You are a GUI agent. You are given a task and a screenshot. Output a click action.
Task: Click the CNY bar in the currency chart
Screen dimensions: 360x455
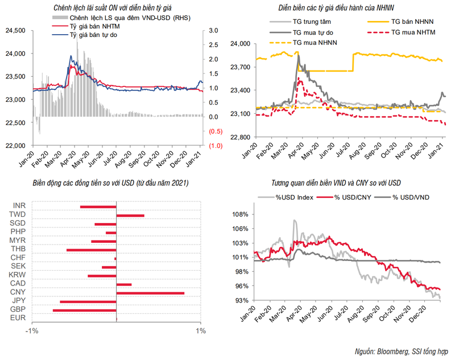tap(150, 293)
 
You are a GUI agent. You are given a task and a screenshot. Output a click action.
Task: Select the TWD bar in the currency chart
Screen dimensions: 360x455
tap(130, 216)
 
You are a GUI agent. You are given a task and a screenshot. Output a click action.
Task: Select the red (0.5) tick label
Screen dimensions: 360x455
tap(216, 131)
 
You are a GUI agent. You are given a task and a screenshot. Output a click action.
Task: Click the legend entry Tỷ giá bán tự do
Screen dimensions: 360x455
tap(93, 35)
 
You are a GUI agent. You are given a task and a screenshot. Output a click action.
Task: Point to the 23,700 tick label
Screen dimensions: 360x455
tap(241, 67)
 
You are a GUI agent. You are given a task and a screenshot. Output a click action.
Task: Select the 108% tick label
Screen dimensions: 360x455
tap(241, 215)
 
